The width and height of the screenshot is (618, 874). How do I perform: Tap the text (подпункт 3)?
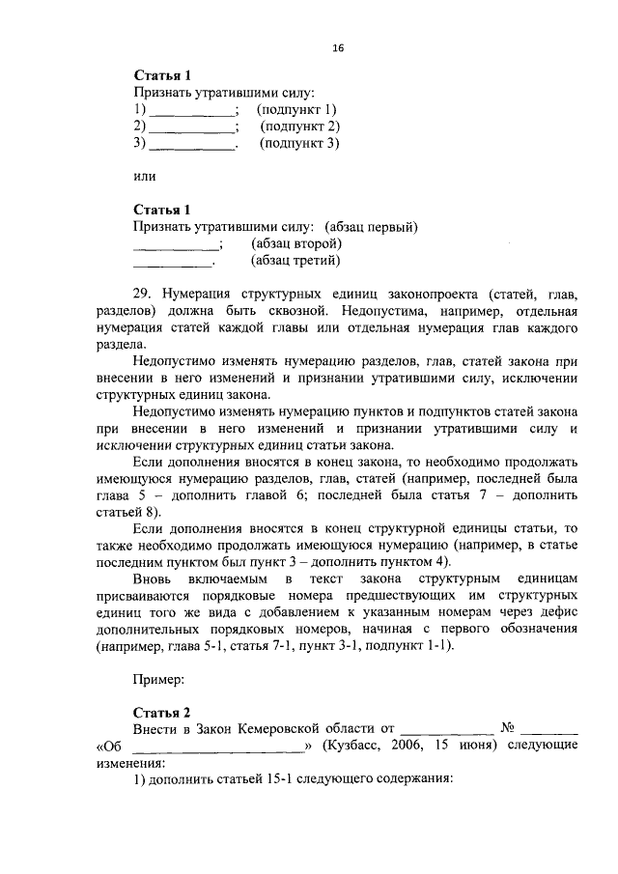tap(300, 144)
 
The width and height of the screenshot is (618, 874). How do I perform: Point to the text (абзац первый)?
tap(371, 227)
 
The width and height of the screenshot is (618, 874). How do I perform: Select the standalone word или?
tap(143, 176)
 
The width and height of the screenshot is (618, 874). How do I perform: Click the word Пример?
tap(158, 680)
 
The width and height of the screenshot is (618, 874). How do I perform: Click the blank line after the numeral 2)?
tap(191, 127)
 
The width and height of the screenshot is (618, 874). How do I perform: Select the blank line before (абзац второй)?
tap(174, 244)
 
